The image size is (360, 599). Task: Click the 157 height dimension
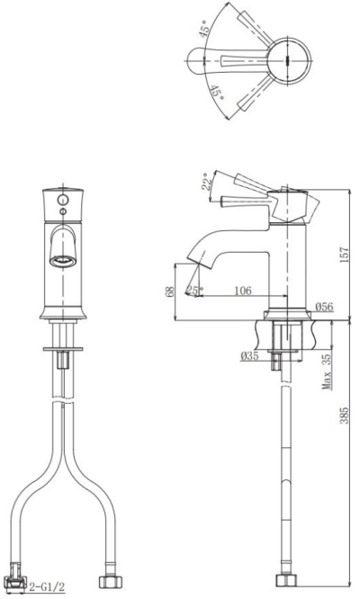pyautogui.click(x=345, y=255)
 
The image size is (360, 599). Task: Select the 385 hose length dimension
pyautogui.click(x=345, y=416)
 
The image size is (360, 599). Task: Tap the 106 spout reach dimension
pyautogui.click(x=243, y=291)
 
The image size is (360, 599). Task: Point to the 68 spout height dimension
pyautogui.click(x=170, y=291)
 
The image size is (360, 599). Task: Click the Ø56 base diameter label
pyautogui.click(x=325, y=307)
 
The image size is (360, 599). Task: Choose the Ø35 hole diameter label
pyautogui.click(x=249, y=356)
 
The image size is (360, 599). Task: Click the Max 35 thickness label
pyautogui.click(x=326, y=371)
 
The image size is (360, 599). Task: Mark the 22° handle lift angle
pyautogui.click(x=207, y=181)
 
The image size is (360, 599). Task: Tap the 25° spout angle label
pyautogui.click(x=195, y=291)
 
